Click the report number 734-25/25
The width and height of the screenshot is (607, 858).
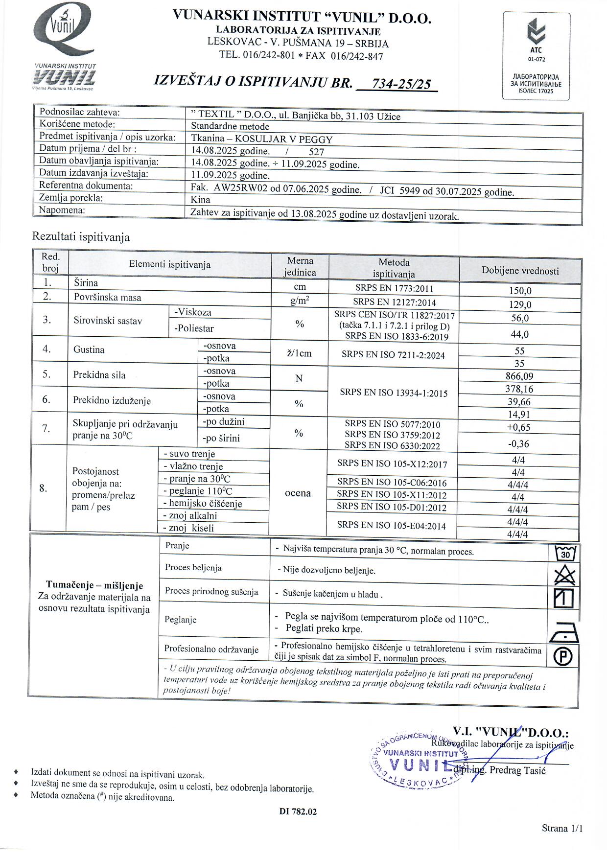[401, 84]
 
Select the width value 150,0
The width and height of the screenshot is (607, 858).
[520, 291]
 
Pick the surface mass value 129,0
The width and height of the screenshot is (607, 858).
[520, 305]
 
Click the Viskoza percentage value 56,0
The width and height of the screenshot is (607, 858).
[520, 318]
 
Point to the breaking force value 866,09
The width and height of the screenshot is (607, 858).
[520, 376]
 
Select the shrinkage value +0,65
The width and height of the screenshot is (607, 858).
[520, 427]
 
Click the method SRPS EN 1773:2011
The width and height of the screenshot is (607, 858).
[394, 289]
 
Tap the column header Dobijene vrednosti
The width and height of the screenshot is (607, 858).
[520, 271]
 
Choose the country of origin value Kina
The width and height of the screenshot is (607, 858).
[201, 199]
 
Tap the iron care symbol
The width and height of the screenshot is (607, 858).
[564, 633]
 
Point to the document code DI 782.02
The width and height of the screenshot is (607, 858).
[298, 812]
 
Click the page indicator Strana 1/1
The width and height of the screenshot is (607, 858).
[562, 828]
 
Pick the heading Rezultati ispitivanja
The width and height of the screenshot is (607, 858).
[81, 237]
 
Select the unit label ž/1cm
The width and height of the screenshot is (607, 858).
[300, 353]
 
